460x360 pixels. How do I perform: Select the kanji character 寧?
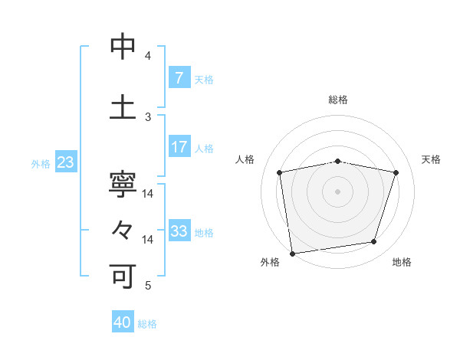click(123, 186)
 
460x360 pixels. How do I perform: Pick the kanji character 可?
click(123, 275)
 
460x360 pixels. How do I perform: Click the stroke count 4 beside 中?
click(148, 56)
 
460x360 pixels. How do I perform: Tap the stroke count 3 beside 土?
click(148, 116)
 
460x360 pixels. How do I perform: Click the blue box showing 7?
click(179, 78)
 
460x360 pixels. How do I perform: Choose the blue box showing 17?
click(179, 147)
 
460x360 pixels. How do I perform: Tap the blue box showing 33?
click(179, 231)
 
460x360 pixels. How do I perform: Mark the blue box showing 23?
click(65, 162)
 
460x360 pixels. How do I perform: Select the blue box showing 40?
click(123, 322)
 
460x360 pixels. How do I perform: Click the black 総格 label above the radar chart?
click(338, 100)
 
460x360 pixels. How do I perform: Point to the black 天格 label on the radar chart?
click(432, 159)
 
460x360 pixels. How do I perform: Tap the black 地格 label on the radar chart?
click(402, 262)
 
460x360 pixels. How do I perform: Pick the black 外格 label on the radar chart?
click(270, 262)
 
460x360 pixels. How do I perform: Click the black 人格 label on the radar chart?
click(245, 159)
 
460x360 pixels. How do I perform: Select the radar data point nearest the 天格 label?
click(396, 172)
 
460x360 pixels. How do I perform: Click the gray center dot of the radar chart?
click(338, 191)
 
